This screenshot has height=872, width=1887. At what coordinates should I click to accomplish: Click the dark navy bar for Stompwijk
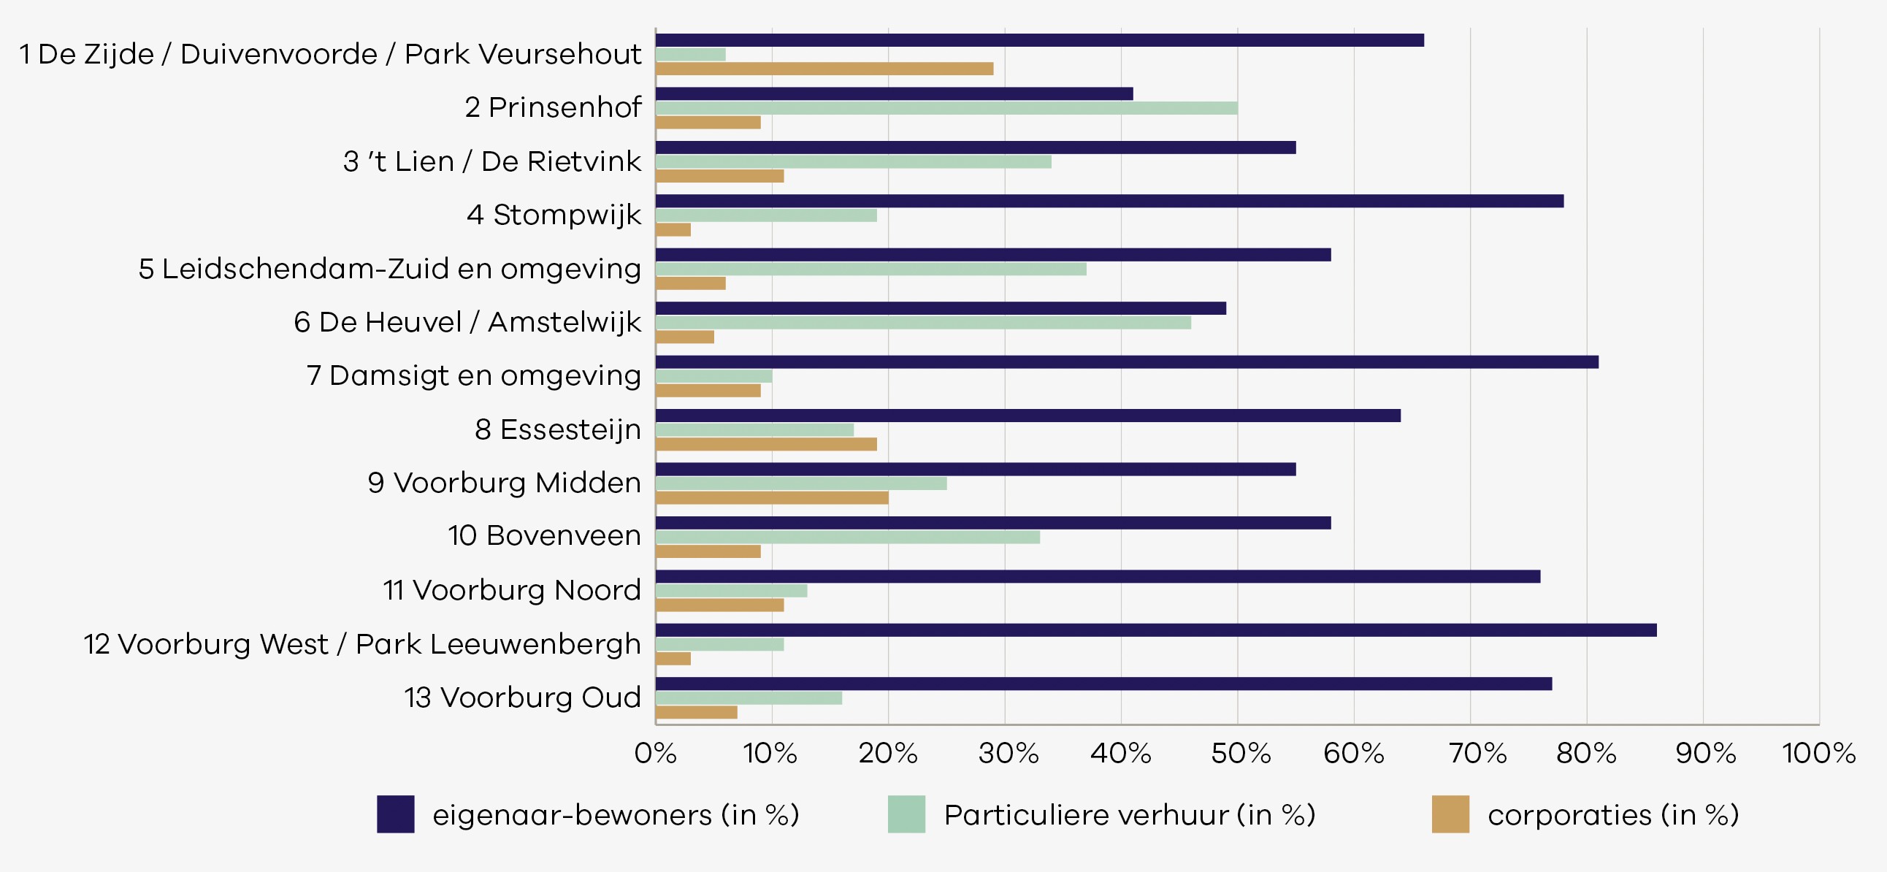pos(1110,201)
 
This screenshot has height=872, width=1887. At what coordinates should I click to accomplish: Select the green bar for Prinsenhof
pos(946,108)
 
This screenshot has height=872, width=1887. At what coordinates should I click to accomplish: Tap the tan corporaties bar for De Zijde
pos(824,69)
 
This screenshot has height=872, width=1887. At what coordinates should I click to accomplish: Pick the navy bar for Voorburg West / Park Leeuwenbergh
pos(1156,630)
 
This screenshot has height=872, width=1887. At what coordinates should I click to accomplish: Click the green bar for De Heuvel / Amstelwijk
pos(923,322)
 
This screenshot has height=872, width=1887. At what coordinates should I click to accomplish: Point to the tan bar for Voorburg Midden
pos(772,498)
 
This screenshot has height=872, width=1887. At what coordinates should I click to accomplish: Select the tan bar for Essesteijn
pos(766,444)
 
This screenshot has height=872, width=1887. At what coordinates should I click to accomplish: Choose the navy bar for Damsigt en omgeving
pos(1128,362)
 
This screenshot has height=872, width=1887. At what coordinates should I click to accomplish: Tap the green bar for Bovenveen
pos(848,537)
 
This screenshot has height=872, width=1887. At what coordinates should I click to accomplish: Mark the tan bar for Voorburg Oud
pos(697,712)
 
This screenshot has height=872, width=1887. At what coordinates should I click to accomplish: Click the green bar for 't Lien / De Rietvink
pos(854,162)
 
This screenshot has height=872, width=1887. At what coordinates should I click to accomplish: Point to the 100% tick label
pos(1819,753)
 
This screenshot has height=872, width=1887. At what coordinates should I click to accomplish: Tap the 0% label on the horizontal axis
pos(656,753)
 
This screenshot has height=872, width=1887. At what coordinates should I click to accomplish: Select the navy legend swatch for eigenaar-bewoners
pos(396,814)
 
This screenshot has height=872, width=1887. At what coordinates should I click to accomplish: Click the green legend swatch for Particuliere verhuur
pos(907,814)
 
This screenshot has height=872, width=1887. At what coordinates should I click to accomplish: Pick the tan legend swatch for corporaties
pos(1450,814)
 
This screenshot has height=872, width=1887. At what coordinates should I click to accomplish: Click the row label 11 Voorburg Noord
pos(512,590)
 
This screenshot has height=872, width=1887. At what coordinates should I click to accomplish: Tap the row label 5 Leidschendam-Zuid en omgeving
pos(390,269)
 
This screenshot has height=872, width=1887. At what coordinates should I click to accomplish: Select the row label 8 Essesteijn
pos(558,430)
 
